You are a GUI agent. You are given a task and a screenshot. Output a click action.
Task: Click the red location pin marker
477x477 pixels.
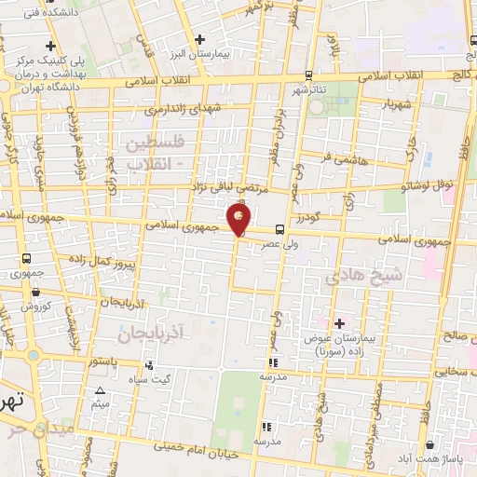tap(239, 222)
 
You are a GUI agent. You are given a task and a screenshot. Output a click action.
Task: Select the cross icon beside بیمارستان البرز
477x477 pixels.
tap(200, 38)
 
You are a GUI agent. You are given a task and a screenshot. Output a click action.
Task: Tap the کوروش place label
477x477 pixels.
tap(35, 306)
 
